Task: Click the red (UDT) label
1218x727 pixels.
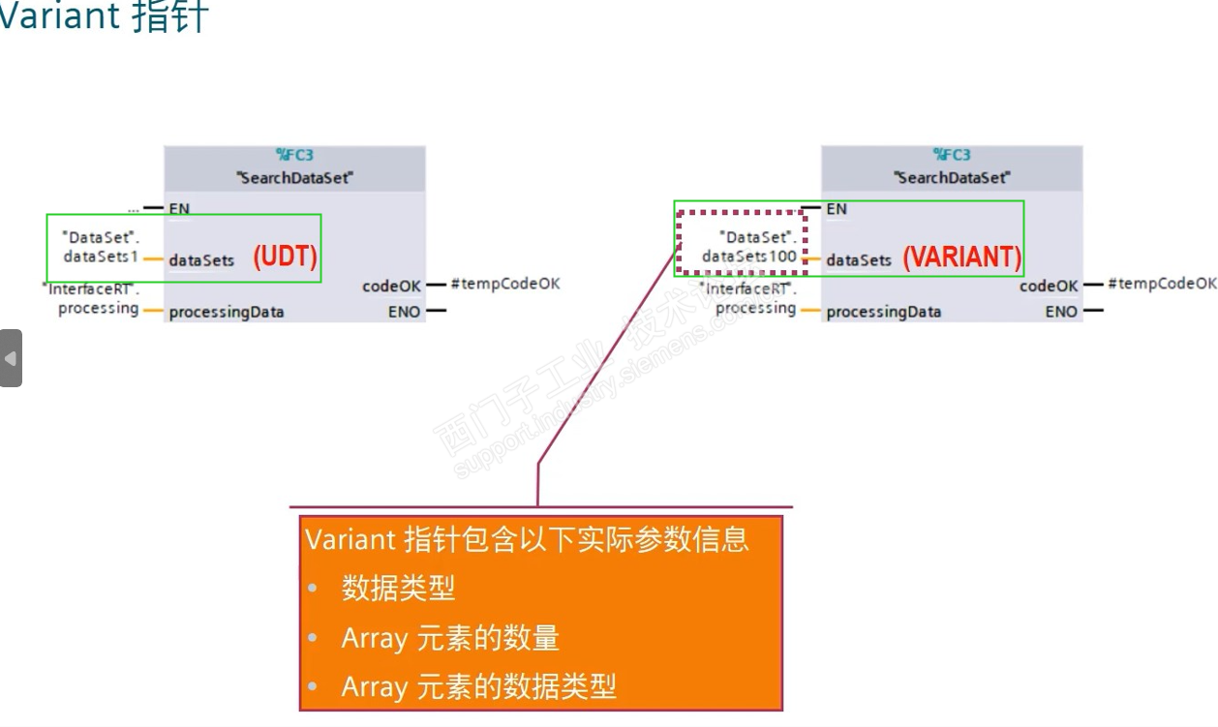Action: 286,257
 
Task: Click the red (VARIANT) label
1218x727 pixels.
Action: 961,257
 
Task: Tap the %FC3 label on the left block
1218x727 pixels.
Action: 294,155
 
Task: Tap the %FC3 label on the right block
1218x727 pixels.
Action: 952,155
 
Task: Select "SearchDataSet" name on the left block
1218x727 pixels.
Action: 294,178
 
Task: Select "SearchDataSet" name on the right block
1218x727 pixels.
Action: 952,178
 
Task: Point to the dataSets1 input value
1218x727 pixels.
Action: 102,257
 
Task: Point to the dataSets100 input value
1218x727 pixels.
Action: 749,257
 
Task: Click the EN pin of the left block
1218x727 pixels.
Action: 179,208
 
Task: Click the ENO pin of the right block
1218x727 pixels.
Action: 1061,312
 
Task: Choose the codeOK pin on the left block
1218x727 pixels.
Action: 391,287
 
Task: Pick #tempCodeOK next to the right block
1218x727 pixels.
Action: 1162,284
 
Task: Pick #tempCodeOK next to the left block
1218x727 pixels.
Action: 505,284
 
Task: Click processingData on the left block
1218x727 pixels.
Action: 227,313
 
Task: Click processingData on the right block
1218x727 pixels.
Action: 883,313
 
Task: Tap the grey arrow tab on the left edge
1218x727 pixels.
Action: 10,358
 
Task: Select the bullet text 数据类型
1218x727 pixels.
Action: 398,589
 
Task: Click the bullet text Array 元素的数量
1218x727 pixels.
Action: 450,639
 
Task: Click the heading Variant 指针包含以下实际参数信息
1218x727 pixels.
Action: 527,539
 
